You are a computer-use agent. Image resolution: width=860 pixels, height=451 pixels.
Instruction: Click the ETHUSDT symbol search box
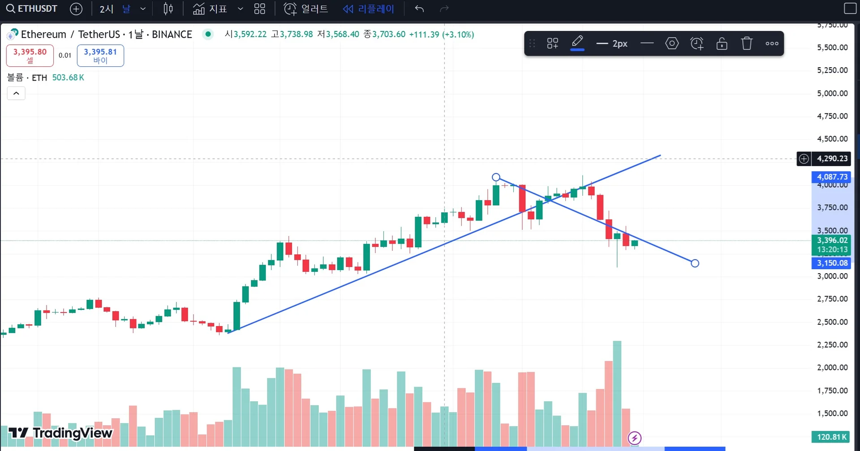[32, 9]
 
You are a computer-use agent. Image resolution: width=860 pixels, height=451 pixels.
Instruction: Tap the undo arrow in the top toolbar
[419, 9]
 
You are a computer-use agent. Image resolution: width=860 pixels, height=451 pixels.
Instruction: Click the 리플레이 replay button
[369, 9]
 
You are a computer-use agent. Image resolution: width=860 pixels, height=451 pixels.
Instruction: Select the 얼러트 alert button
[306, 9]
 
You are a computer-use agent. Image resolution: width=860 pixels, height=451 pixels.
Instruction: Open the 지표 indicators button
[211, 9]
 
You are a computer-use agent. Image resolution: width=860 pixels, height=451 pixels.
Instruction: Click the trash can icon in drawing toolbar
[747, 43]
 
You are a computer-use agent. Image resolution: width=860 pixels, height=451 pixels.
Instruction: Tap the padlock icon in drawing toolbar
[722, 43]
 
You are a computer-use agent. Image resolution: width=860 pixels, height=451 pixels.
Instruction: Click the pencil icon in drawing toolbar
[577, 43]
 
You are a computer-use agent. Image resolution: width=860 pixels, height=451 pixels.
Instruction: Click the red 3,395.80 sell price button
[30, 56]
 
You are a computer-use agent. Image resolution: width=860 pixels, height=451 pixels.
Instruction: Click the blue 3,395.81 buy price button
[100, 56]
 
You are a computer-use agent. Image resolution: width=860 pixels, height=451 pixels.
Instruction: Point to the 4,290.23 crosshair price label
[832, 159]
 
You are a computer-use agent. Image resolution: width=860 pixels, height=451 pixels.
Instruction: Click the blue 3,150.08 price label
[832, 263]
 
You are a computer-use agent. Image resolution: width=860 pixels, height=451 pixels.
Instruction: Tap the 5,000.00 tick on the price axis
[832, 93]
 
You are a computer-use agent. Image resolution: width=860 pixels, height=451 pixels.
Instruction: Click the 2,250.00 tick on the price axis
[832, 344]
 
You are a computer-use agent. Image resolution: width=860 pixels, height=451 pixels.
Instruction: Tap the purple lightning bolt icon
[635, 438]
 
